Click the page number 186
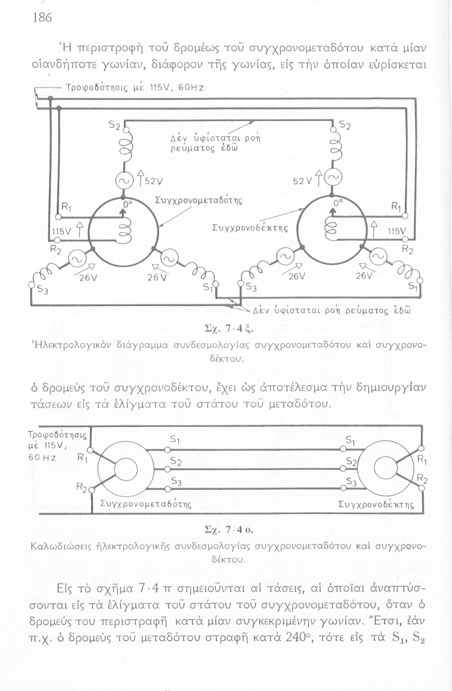coord(42,18)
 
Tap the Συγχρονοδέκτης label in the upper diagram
coord(250,228)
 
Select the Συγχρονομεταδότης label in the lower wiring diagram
coord(146,504)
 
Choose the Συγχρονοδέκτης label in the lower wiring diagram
coord(376,504)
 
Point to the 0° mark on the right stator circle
coord(338,203)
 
